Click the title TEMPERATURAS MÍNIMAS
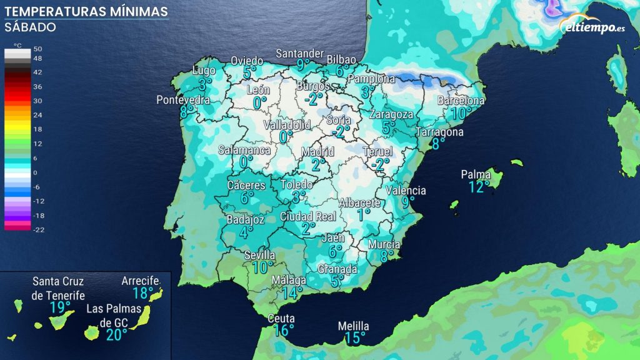(86, 12)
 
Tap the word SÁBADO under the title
(30, 27)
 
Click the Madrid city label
(317, 152)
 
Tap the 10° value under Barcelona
(461, 113)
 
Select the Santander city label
(300, 53)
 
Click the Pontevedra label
(183, 100)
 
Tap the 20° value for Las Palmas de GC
(116, 335)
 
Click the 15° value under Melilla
(354, 339)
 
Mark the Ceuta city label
(281, 318)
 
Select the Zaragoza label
(391, 114)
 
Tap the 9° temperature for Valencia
(408, 202)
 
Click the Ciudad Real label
(308, 216)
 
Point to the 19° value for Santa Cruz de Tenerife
(60, 307)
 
